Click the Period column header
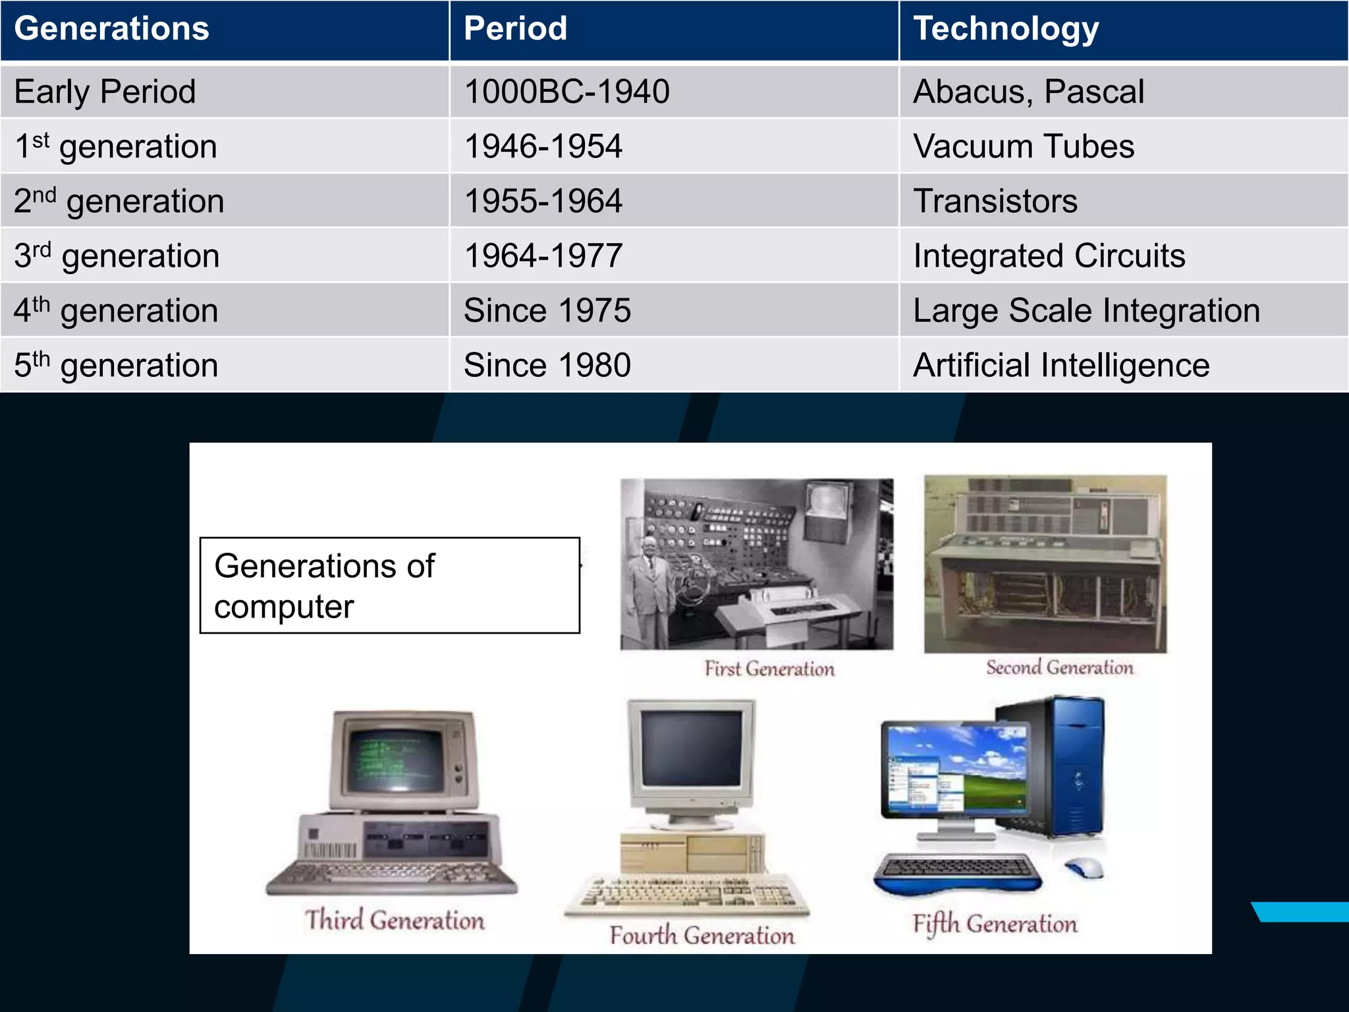(x=515, y=29)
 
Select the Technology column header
(x=1006, y=29)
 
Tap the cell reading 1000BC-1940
(x=566, y=92)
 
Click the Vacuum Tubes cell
(x=1024, y=146)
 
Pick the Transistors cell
(x=995, y=201)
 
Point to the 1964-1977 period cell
(x=543, y=256)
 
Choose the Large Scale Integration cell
(x=1086, y=310)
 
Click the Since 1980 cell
(x=547, y=365)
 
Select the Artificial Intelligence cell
(x=1061, y=365)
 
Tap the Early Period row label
(x=105, y=92)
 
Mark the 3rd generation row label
(x=117, y=256)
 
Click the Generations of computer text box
(x=390, y=586)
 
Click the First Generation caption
(x=769, y=669)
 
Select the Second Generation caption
(x=1060, y=667)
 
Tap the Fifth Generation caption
(x=995, y=924)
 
